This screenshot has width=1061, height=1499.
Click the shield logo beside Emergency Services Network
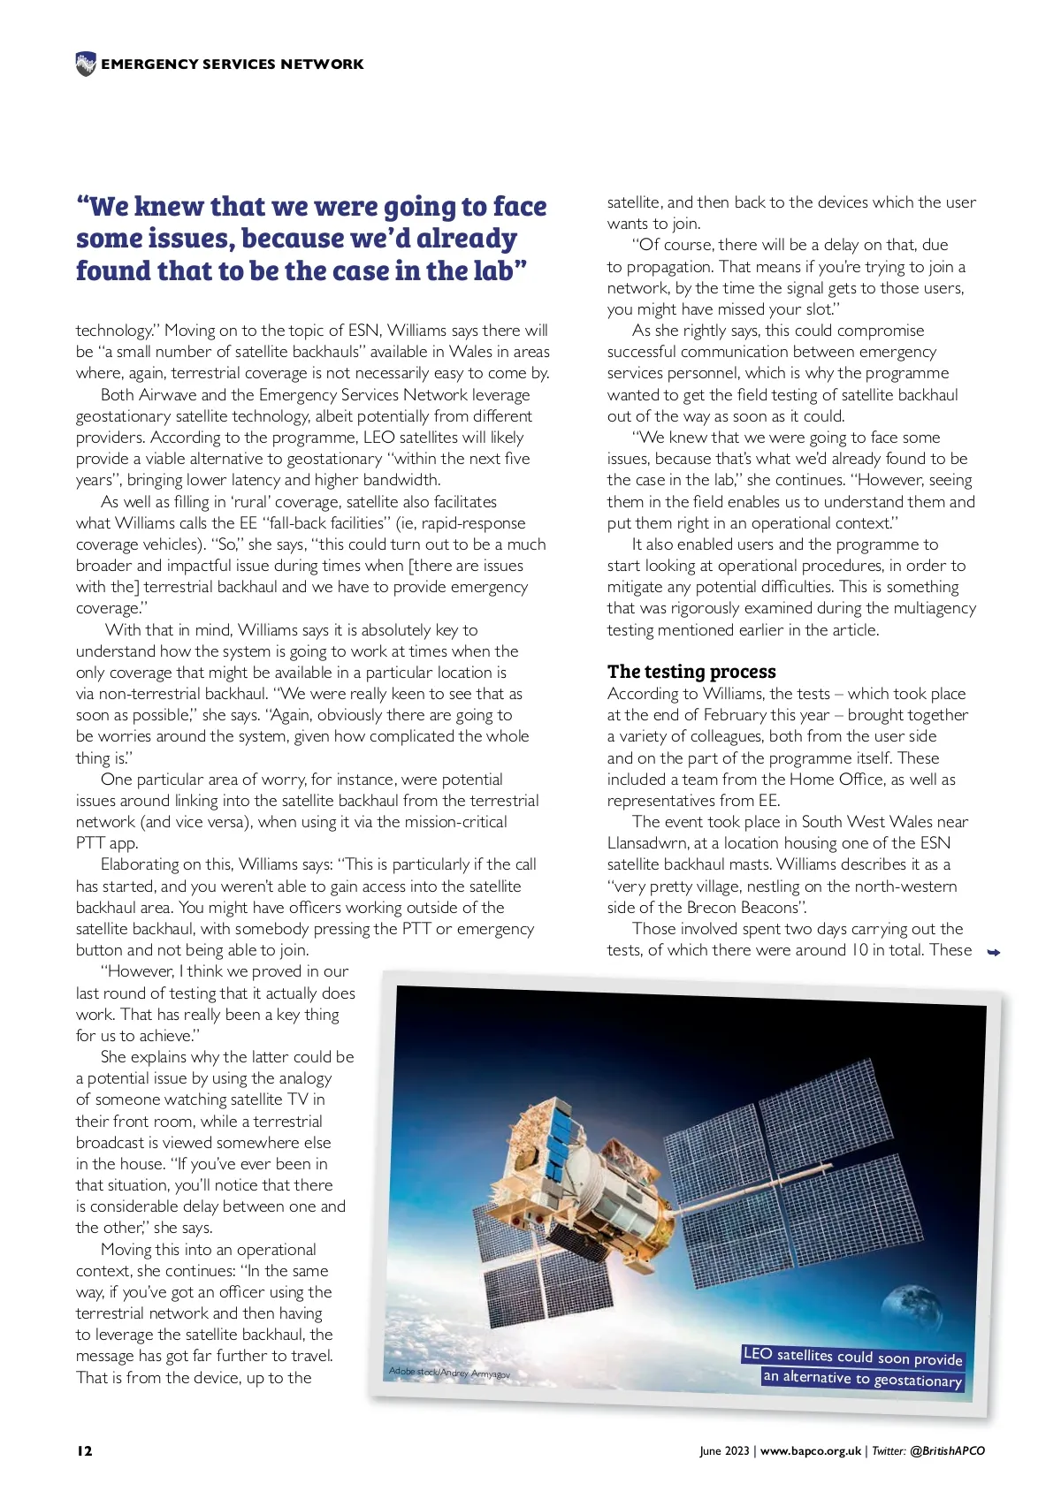coord(86,64)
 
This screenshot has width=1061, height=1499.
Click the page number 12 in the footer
coord(84,1450)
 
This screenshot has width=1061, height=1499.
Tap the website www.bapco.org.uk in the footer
coord(810,1450)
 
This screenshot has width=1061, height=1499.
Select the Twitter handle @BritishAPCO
coord(947,1450)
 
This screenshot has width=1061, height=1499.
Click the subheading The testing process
coord(691,672)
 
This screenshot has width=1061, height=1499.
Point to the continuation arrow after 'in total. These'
coord(994,952)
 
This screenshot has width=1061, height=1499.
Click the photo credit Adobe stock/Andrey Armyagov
coord(449,1373)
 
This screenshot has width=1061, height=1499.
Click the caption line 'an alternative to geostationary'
coord(862,1379)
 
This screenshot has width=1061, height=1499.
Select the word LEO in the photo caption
coord(758,1354)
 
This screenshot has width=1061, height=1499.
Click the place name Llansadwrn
coord(646,843)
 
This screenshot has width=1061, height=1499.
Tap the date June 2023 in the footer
coord(723,1450)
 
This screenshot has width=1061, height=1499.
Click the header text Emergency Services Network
coord(232,65)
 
